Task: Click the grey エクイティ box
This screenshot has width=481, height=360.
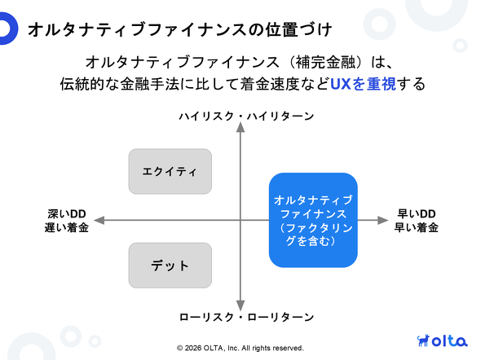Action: pyautogui.click(x=170, y=172)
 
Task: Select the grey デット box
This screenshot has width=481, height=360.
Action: pyautogui.click(x=170, y=266)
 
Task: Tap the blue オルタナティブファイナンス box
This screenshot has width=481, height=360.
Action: pyautogui.click(x=313, y=220)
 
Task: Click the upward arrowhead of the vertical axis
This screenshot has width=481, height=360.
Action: pyautogui.click(x=240, y=127)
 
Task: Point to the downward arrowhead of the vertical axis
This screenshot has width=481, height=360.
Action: pyautogui.click(x=240, y=305)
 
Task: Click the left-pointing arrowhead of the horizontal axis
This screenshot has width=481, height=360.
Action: pyautogui.click(x=99, y=220)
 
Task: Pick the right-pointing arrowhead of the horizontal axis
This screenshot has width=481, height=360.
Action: pyautogui.click(x=383, y=220)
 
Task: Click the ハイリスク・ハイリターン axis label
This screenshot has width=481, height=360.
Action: pyautogui.click(x=247, y=116)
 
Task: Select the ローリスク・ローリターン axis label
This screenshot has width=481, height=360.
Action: pyautogui.click(x=247, y=317)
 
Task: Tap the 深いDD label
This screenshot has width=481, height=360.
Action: pyautogui.click(x=67, y=213)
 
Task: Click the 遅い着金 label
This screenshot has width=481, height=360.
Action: pyautogui.click(x=67, y=227)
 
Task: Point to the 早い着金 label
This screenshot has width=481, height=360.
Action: pyautogui.click(x=417, y=227)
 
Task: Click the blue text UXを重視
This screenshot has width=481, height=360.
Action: pyautogui.click(x=364, y=84)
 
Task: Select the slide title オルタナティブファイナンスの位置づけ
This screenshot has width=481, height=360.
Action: pyautogui.click(x=180, y=29)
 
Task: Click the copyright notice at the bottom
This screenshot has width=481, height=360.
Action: pyautogui.click(x=240, y=348)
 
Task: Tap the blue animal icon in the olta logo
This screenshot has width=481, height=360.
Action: pyautogui.click(x=424, y=340)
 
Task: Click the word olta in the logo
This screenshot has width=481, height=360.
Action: pyautogui.click(x=450, y=340)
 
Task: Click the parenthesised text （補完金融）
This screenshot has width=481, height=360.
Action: pyautogui.click(x=325, y=62)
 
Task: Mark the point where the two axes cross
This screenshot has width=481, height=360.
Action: pyautogui.click(x=240, y=220)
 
